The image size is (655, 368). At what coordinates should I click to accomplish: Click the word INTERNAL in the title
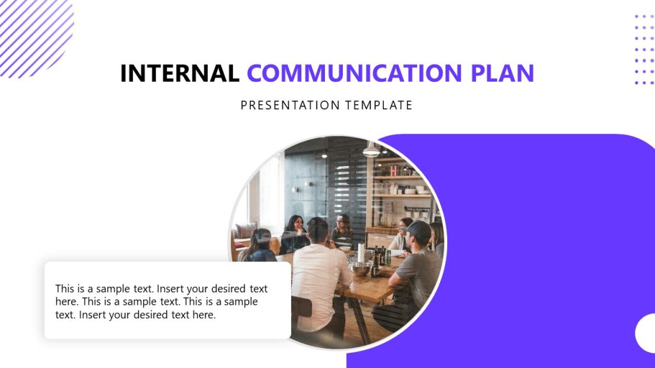click(179, 73)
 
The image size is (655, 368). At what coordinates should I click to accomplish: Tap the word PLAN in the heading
click(502, 73)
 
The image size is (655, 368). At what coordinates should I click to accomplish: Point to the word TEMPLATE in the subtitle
click(380, 105)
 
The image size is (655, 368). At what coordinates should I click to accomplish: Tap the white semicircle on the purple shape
click(646, 333)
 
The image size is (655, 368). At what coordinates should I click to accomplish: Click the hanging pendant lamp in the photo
click(371, 151)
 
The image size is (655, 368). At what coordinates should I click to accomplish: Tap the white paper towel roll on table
click(360, 252)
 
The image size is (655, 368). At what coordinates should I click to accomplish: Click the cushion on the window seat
click(245, 231)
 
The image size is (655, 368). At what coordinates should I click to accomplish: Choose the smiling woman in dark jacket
click(294, 233)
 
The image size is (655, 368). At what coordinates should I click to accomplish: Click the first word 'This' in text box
click(65, 289)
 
